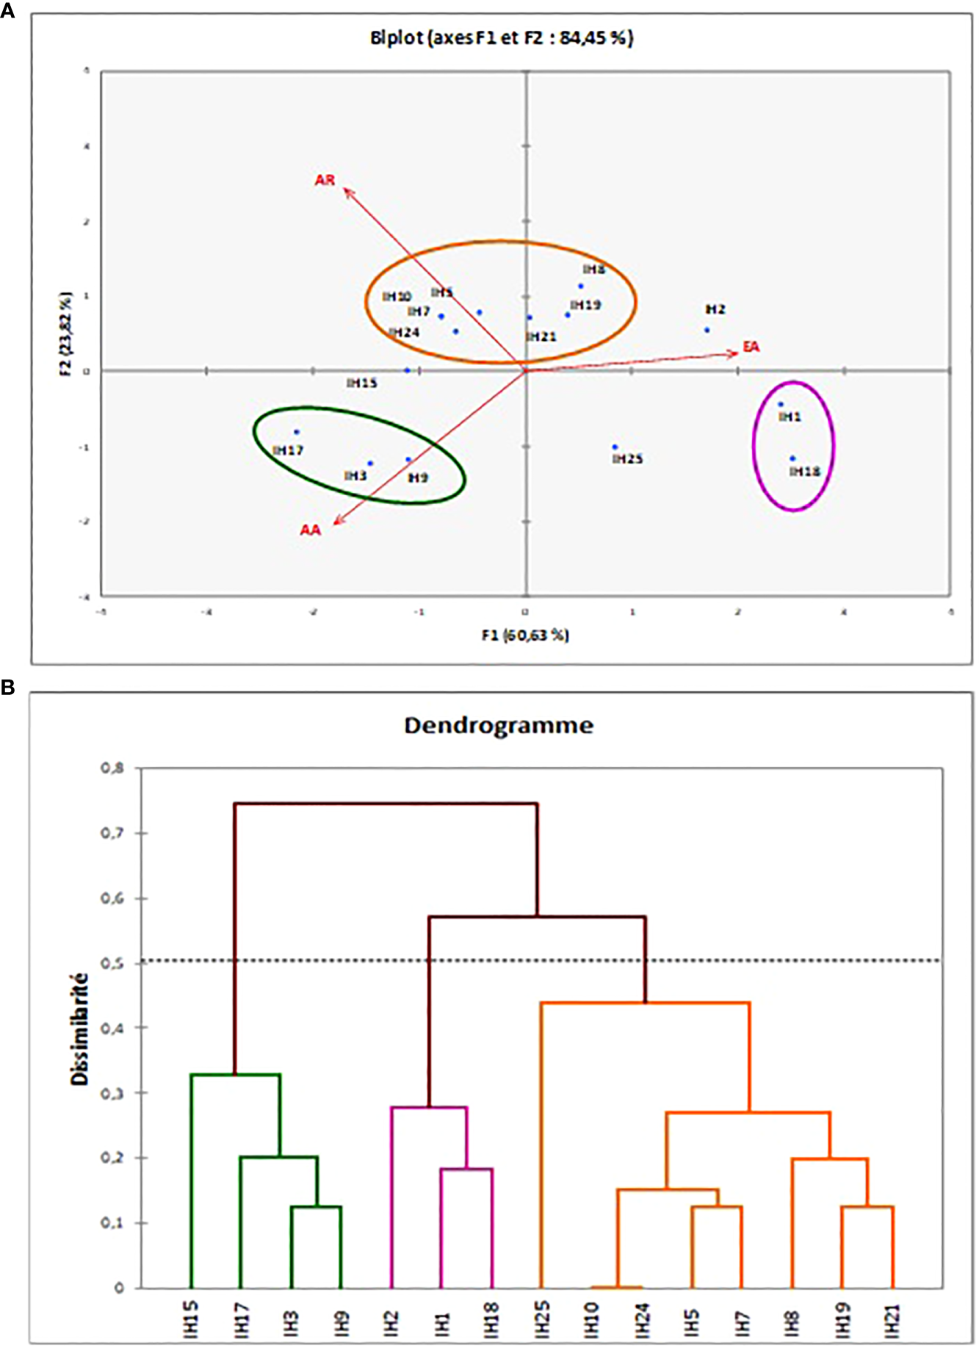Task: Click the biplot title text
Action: pyautogui.click(x=502, y=37)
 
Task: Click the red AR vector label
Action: pyautogui.click(x=325, y=180)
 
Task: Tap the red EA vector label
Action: pyautogui.click(x=751, y=346)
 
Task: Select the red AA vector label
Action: pyautogui.click(x=310, y=530)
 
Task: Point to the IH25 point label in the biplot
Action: pyautogui.click(x=627, y=459)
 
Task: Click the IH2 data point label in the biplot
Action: pyautogui.click(x=715, y=309)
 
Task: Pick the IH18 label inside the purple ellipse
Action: pyautogui.click(x=805, y=472)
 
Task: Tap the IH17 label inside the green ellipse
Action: pyautogui.click(x=288, y=450)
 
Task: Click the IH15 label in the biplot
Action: pyautogui.click(x=362, y=383)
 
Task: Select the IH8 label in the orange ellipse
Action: pyautogui.click(x=593, y=270)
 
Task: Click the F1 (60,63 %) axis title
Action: pyautogui.click(x=525, y=635)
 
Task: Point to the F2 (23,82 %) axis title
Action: pyautogui.click(x=67, y=334)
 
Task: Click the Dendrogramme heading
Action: pyautogui.click(x=499, y=726)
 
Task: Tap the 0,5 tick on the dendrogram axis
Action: pyautogui.click(x=112, y=963)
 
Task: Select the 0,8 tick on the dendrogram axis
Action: pyautogui.click(x=112, y=768)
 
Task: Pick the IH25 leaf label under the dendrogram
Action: pyautogui.click(x=542, y=1319)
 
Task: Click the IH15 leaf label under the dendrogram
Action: pyautogui.click(x=191, y=1319)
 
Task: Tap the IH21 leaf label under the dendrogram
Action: pyautogui.click(x=892, y=1319)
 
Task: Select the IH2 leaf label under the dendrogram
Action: pyautogui.click(x=391, y=1319)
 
